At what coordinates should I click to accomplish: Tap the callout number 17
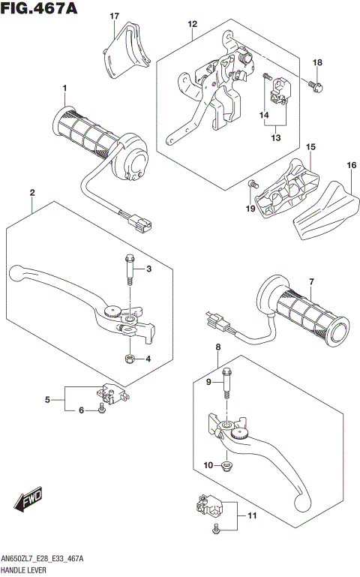114,16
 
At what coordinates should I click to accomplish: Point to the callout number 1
64,89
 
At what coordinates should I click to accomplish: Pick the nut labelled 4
130,359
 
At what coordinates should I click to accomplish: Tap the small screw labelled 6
100,409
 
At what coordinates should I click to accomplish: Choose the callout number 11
252,516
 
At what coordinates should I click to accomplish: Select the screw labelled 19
252,183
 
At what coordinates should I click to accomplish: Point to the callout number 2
32,193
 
